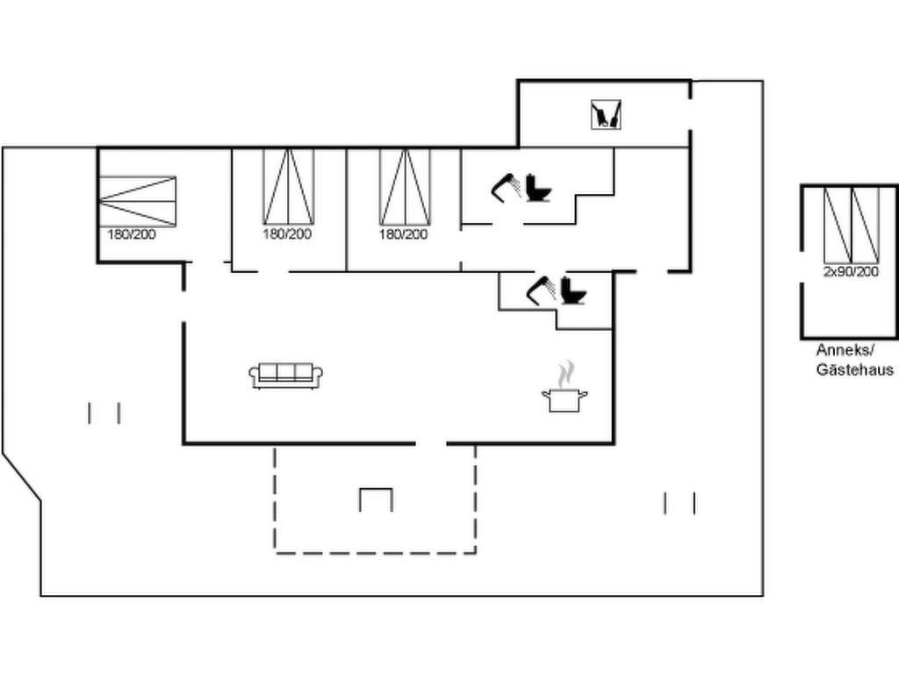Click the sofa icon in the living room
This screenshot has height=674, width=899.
[285, 376]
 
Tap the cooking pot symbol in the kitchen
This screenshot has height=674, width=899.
[565, 400]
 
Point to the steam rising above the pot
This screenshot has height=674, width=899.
[566, 373]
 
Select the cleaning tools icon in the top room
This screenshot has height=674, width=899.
[606, 115]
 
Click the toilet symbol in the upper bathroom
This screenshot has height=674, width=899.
[538, 188]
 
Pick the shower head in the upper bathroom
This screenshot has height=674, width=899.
[506, 188]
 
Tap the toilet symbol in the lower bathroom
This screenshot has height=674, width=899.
[573, 290]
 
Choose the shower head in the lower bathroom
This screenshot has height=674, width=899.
[541, 290]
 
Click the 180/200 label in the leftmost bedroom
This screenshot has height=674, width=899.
[132, 234]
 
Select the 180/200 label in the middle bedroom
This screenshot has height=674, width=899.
[287, 233]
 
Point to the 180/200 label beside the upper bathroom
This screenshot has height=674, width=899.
[403, 234]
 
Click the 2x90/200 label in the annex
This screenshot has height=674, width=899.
[851, 272]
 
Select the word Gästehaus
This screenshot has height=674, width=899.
[855, 369]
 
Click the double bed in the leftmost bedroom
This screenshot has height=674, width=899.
[137, 201]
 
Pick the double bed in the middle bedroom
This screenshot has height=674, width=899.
[288, 186]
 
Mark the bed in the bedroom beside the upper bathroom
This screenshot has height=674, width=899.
[405, 186]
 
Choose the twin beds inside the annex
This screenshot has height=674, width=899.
[852, 225]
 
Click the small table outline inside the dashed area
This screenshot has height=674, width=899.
[376, 499]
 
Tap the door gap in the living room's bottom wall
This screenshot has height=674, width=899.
[431, 443]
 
